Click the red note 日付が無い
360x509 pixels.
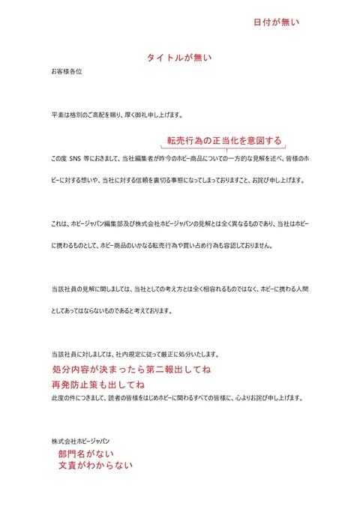276,22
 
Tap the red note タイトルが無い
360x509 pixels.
179,58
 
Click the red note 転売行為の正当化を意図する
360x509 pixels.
224,140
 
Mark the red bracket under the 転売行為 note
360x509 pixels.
225,151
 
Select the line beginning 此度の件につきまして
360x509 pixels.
176,398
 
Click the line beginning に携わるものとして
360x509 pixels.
162,246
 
